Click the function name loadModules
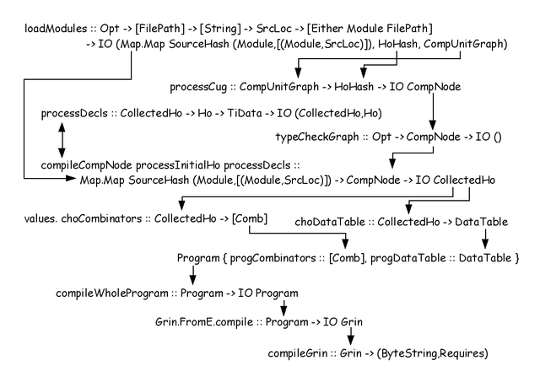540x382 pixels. pyautogui.click(x=56, y=28)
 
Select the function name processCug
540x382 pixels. pyautogui.click(x=198, y=87)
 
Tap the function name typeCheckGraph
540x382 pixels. pyautogui.click(x=317, y=137)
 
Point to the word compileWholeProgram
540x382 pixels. pyautogui.click(x=112, y=293)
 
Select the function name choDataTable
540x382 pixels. pyautogui.click(x=330, y=222)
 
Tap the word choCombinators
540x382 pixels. pyautogui.click(x=101, y=218)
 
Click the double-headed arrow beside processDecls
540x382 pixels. pyautogui.click(x=62, y=140)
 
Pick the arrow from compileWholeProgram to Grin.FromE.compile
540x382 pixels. pyautogui.click(x=283, y=308)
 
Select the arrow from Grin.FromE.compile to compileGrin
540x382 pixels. pyautogui.click(x=351, y=336)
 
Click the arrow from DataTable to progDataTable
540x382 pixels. pyautogui.click(x=485, y=239)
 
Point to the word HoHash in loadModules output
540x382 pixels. pyautogui.click(x=397, y=45)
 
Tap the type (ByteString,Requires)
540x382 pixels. pyautogui.click(x=433, y=353)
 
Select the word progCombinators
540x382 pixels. pyautogui.click(x=273, y=258)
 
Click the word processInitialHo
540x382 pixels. pyautogui.click(x=178, y=165)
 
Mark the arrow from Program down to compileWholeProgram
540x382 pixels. pyautogui.click(x=193, y=275)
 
